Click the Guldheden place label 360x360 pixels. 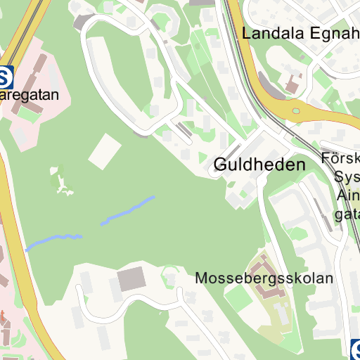pos(259,165)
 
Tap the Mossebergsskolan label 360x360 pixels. pos(264,278)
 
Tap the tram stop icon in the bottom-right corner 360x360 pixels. pos(356,348)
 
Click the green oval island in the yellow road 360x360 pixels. pos(296,110)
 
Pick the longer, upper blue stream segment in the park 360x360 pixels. pos(128,210)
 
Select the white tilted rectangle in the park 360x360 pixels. pos(105,150)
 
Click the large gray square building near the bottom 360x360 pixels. pos(131,279)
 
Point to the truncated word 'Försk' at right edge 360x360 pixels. pos(340,158)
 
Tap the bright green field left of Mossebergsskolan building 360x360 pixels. pos(238,298)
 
